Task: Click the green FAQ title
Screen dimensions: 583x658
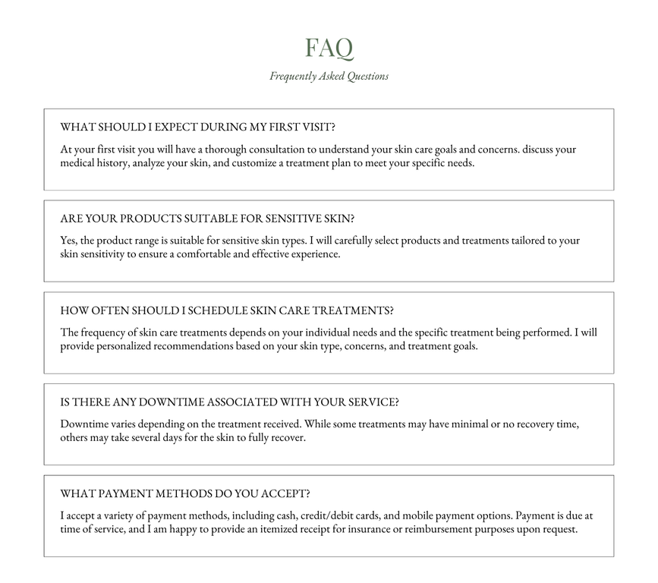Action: click(329, 48)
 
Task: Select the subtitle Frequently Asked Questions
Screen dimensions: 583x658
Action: click(329, 76)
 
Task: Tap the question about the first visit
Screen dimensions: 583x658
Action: click(197, 127)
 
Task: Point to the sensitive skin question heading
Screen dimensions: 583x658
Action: click(206, 219)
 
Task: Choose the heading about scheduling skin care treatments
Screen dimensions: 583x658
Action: click(227, 310)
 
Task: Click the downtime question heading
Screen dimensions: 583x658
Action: click(229, 402)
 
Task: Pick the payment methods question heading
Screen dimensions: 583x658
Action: click(185, 494)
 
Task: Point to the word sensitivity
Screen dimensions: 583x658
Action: click(105, 254)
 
